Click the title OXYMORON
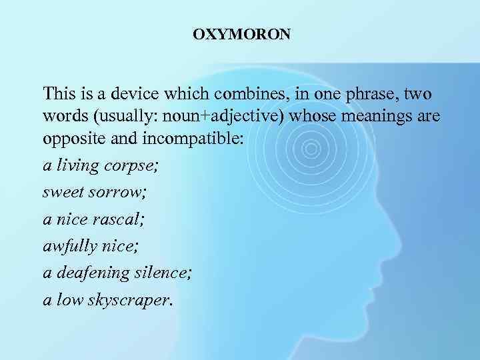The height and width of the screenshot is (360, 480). (x=241, y=34)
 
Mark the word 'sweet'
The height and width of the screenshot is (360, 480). (x=59, y=193)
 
